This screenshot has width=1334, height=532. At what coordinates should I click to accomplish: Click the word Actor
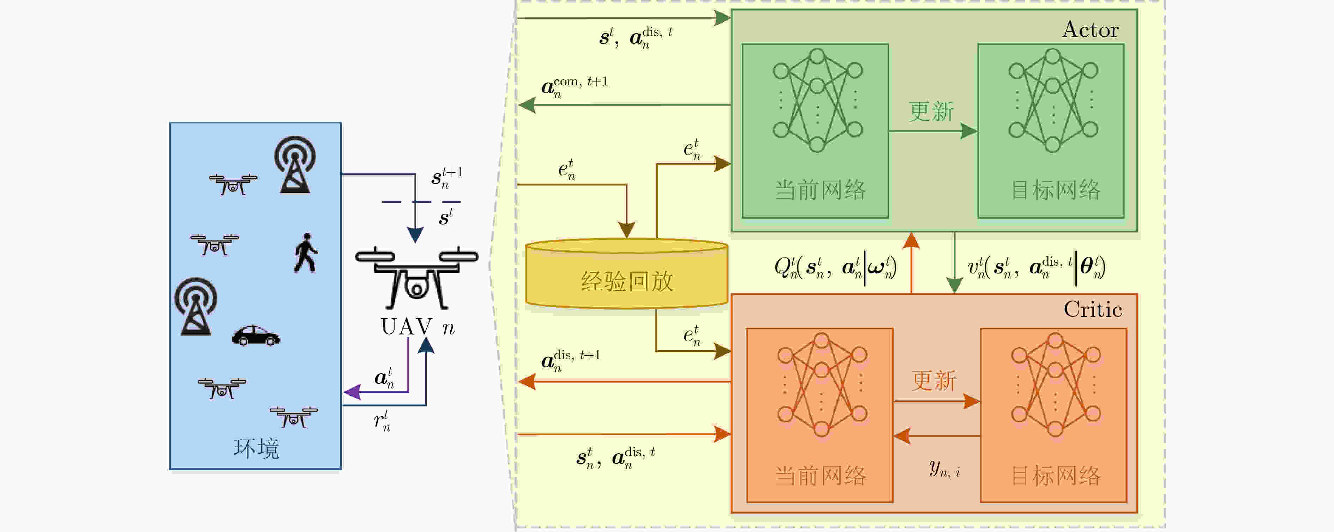point(1090,30)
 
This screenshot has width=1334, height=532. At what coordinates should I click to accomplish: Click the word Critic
point(1093,309)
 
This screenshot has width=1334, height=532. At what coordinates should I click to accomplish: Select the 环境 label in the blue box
point(256,448)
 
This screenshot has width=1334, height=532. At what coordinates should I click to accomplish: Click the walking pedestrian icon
point(306,253)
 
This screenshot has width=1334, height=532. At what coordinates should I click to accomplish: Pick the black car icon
point(256,335)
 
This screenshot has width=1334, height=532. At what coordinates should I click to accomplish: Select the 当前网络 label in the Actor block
point(820,190)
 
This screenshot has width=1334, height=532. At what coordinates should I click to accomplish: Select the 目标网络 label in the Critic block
point(1056,476)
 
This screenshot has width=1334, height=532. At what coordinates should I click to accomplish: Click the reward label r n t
point(382,421)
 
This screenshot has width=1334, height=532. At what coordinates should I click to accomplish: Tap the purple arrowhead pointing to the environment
point(352,392)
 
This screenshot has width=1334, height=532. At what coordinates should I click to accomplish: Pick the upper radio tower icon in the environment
point(295,164)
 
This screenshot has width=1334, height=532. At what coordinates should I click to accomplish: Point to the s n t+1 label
point(447,177)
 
